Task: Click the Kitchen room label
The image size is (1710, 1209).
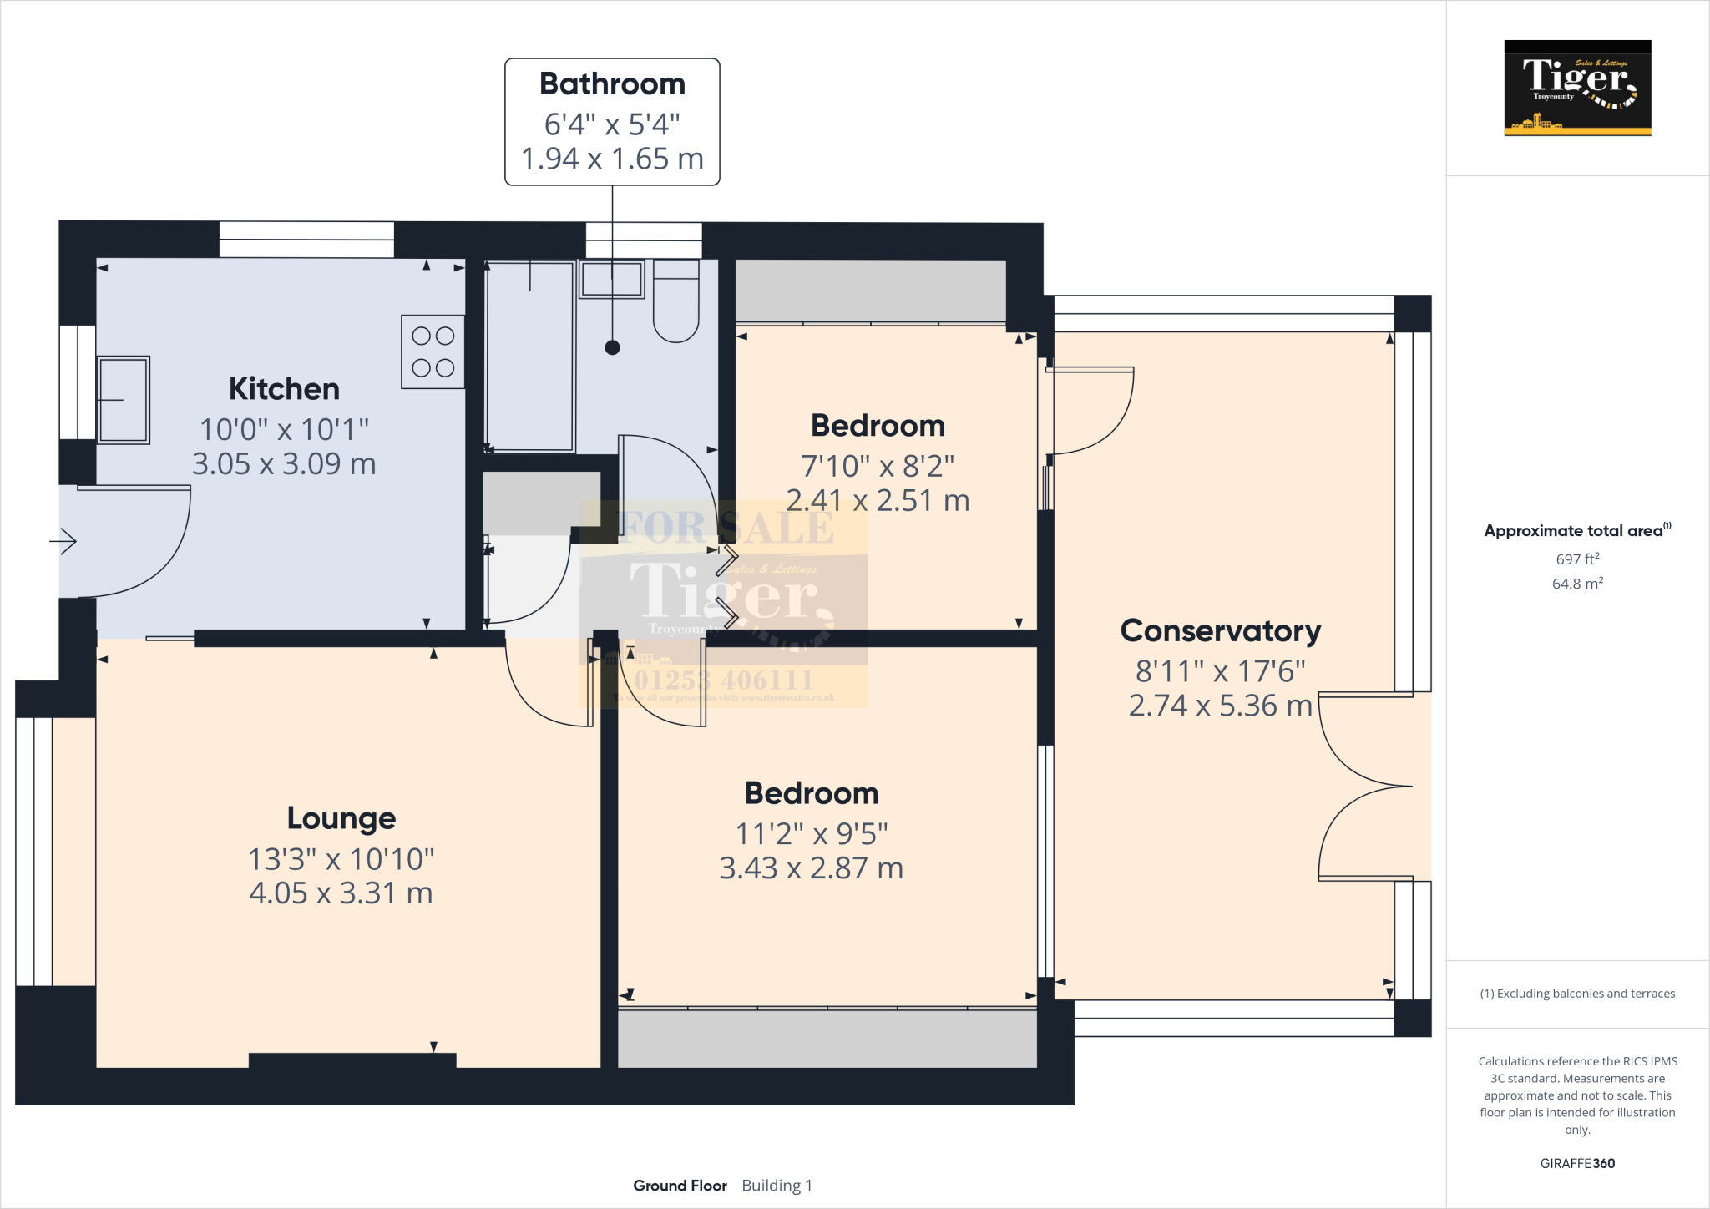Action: tap(284, 389)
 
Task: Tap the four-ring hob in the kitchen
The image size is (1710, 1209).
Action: tap(433, 352)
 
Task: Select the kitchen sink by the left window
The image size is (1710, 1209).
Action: tap(124, 400)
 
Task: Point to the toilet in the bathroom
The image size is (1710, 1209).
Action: tap(675, 302)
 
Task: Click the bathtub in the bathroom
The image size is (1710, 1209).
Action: tap(529, 357)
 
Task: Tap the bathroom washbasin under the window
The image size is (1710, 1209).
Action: tap(612, 279)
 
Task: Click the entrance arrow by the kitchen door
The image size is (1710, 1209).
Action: tap(63, 542)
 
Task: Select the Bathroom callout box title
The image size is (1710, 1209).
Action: tap(612, 84)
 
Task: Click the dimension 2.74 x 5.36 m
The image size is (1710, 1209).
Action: tap(1220, 706)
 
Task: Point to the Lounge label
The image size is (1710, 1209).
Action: tap(341, 818)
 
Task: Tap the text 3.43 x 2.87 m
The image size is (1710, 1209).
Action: tap(811, 868)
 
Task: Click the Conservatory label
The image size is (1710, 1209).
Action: tap(1220, 631)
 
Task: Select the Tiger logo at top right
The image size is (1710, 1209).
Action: tap(1577, 88)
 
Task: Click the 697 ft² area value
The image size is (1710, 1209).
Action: tap(1576, 559)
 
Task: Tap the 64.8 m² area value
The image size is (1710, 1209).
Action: tap(1576, 584)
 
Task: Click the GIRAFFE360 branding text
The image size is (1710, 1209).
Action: tap(1576, 1163)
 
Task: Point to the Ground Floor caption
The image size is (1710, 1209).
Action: tap(680, 1186)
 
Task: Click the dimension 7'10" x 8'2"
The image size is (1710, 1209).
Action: tap(878, 466)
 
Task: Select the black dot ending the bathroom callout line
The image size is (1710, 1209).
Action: tap(612, 348)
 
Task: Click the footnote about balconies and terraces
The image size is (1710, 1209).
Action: tap(1576, 994)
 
